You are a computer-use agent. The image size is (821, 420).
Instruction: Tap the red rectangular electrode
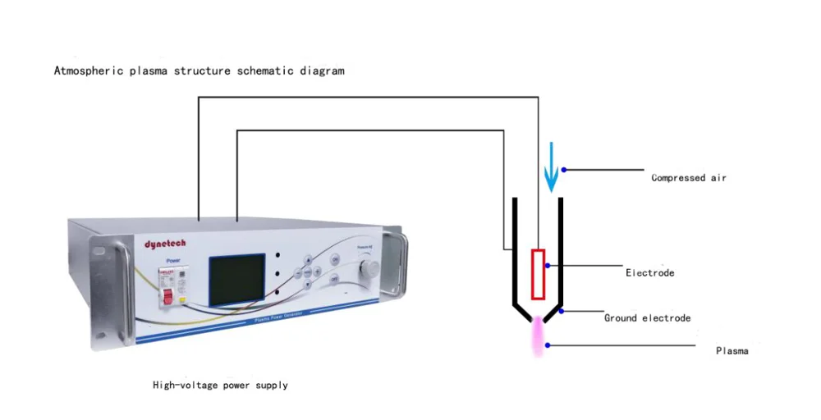[x=539, y=273]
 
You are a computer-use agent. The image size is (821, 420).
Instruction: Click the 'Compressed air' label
[x=688, y=178]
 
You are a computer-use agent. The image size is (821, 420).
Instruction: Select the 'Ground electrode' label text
[x=647, y=318]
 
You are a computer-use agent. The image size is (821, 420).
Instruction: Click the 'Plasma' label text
[x=732, y=351]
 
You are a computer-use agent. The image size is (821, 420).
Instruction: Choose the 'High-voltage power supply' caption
[x=220, y=385]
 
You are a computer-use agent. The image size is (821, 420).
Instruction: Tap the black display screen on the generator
[x=236, y=278]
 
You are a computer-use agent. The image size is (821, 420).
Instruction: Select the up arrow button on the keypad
[x=308, y=258]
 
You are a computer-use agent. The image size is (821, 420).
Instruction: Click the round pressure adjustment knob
[x=370, y=267]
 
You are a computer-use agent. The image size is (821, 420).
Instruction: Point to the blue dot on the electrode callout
[x=548, y=266]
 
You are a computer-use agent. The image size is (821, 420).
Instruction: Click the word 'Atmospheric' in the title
[x=89, y=71]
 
